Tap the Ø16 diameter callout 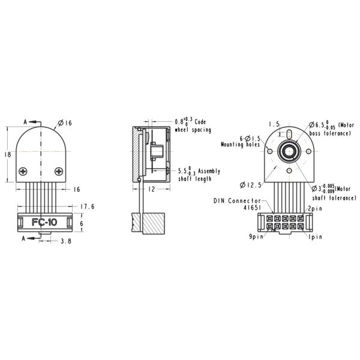[65, 124]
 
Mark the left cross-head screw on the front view [23, 171]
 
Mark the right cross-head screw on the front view [58, 171]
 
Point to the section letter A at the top [25, 122]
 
